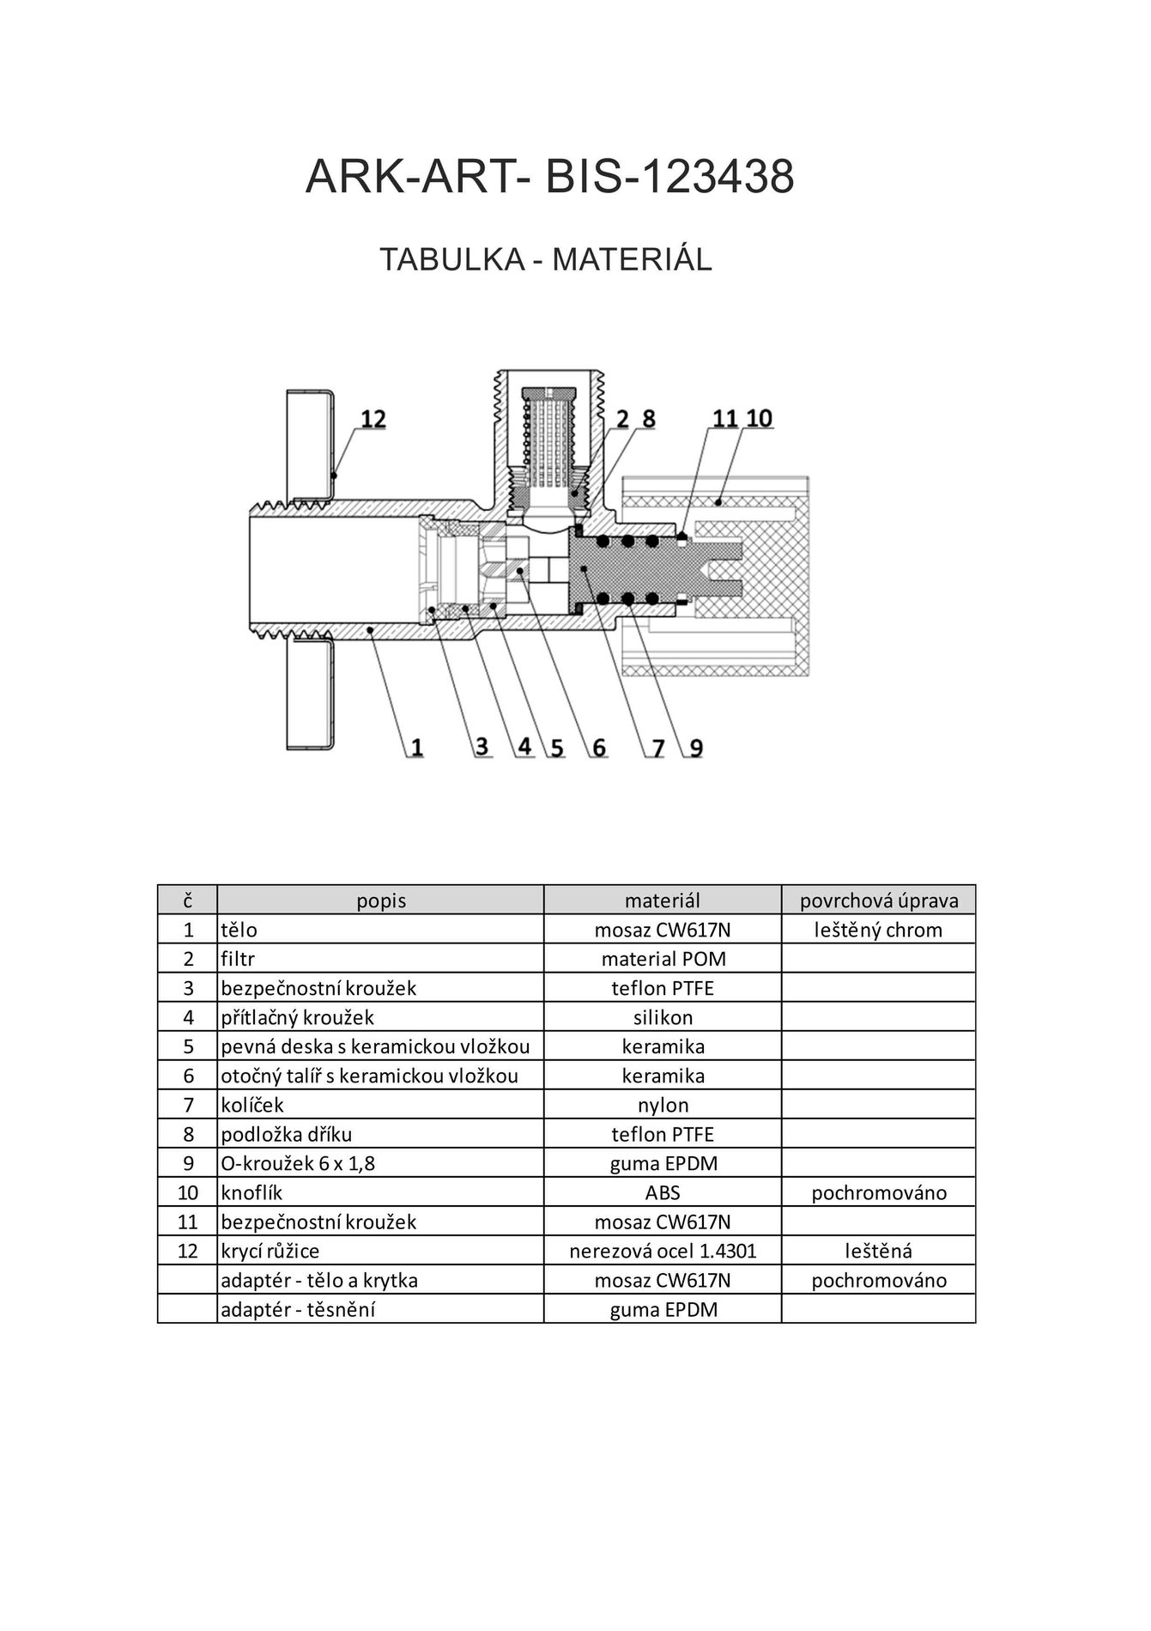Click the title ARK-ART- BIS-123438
(549, 178)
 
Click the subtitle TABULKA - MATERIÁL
(546, 259)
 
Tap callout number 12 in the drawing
(373, 419)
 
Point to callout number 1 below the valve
(415, 748)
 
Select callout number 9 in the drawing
(696, 748)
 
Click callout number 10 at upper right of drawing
(759, 418)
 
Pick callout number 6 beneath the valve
(598, 748)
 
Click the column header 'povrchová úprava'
(879, 900)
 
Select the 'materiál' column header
(663, 900)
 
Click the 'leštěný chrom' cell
(879, 930)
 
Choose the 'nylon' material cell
(663, 1105)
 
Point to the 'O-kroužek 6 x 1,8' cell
(298, 1163)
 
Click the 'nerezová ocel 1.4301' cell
(663, 1251)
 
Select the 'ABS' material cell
(663, 1192)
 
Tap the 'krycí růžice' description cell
(270, 1251)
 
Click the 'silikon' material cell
(663, 1017)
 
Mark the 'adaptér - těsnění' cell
(298, 1309)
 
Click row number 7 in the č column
(189, 1105)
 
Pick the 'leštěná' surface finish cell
(879, 1251)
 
